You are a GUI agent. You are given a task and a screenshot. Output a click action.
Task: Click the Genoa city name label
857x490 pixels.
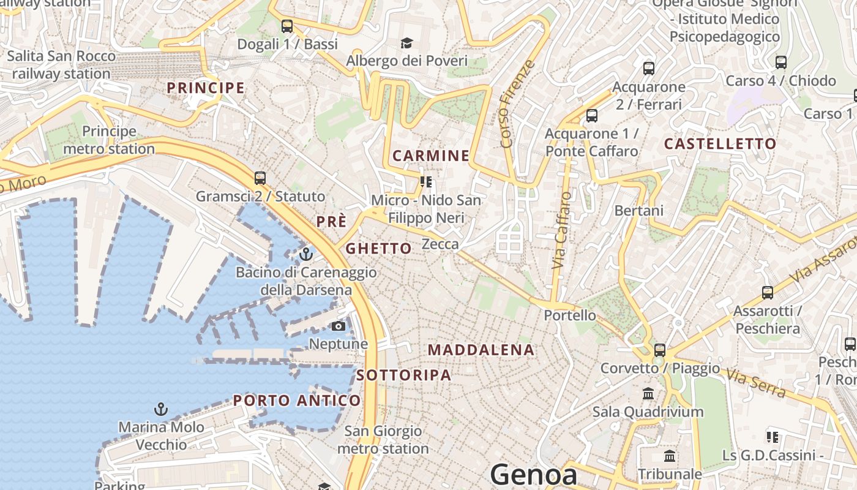[x=533, y=475]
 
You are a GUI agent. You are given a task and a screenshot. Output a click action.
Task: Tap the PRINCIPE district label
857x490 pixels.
[x=206, y=88]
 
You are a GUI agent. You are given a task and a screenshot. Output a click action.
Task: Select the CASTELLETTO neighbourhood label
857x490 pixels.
[x=720, y=144]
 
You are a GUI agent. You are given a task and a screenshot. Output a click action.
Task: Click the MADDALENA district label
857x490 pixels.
[x=481, y=350]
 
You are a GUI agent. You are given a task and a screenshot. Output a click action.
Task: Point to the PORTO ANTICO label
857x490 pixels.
[x=297, y=401]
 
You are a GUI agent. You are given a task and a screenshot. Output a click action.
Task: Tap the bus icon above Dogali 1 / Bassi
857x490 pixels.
[x=287, y=26]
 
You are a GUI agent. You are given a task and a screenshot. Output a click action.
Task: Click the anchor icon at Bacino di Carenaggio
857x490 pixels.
[x=306, y=254]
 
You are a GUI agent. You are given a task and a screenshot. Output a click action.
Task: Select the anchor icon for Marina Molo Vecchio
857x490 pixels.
[x=161, y=409]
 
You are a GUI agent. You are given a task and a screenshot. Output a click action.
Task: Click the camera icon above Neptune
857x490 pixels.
[x=339, y=326]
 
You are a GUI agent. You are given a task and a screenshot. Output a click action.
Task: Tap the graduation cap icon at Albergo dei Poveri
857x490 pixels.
[x=406, y=43]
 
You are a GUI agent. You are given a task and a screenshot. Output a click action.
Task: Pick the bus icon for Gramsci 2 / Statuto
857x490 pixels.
[x=260, y=178]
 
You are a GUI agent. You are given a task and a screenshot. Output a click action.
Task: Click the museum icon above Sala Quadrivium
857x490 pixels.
[x=648, y=393]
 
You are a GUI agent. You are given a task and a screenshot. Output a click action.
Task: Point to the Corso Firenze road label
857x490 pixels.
[x=518, y=104]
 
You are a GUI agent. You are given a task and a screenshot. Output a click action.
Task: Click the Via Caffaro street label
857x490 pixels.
[x=561, y=230]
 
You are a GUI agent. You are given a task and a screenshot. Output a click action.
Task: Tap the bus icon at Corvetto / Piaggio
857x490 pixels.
[x=660, y=350]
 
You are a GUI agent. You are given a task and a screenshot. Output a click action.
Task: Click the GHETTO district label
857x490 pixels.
[x=378, y=248]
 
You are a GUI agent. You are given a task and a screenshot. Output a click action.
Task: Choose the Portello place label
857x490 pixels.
[x=570, y=315]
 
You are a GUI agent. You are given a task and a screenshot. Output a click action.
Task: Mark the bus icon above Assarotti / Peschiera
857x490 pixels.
[x=768, y=293]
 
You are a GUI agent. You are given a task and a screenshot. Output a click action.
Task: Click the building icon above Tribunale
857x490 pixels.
[x=670, y=456]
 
